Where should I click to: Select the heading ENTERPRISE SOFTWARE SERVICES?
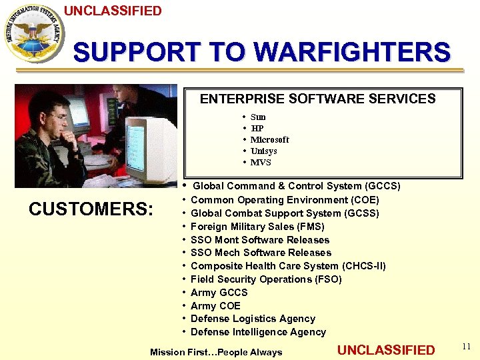317,99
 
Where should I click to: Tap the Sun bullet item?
257,117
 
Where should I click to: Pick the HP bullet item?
257,129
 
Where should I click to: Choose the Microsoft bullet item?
269,140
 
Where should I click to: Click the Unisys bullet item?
263,151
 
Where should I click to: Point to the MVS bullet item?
261,163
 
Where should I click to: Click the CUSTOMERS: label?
91,209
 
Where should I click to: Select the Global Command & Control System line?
296,186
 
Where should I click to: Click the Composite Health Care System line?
288,266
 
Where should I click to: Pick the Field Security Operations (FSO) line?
266,279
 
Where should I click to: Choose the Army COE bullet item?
215,306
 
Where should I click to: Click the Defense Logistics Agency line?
253,319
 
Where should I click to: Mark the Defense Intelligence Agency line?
258,332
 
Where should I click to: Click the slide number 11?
466,347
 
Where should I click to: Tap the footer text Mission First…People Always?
216,352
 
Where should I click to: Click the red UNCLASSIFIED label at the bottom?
386,350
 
